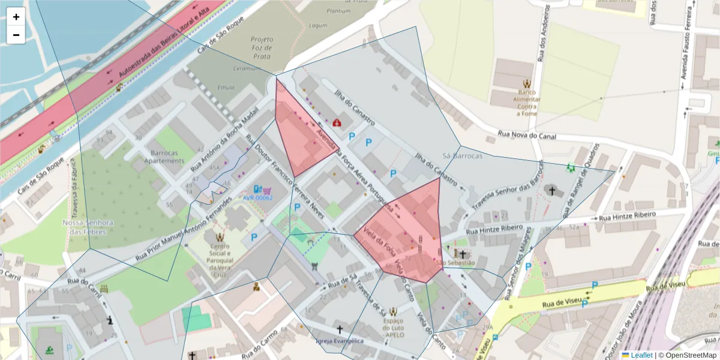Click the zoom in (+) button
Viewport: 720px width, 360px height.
point(16,17)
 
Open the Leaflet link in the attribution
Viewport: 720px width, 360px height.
point(641,355)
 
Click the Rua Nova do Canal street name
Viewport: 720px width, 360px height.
point(527,137)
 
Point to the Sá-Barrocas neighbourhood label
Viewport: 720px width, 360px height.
point(461,155)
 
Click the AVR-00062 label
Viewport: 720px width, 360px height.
point(257,197)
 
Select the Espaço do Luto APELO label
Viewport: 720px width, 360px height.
point(393,328)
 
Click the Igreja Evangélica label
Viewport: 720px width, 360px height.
point(340,341)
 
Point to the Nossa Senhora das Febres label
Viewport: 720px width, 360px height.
point(88,227)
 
